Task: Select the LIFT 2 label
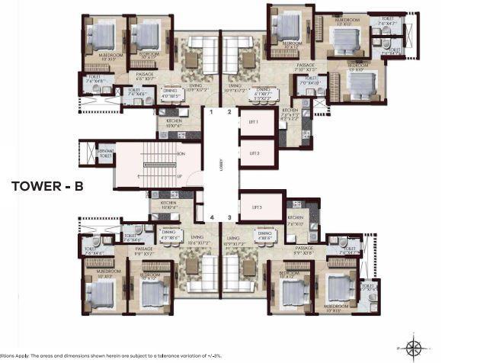coord(255,153)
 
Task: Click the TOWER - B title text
coord(47,185)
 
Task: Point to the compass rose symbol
coord(414,348)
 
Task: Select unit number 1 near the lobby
coord(213,112)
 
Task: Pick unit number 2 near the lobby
coord(229,112)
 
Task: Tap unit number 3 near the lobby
coord(229,217)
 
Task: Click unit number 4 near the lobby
coord(213,217)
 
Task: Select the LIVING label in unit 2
coord(235,87)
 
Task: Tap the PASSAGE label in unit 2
coord(306,66)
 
